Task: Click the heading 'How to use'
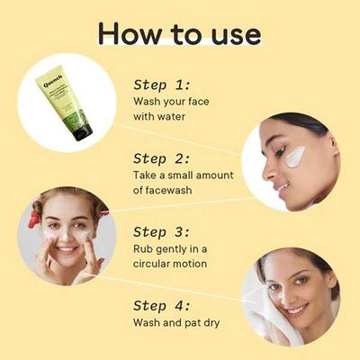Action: [x=180, y=33]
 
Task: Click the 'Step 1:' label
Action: [x=163, y=85]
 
